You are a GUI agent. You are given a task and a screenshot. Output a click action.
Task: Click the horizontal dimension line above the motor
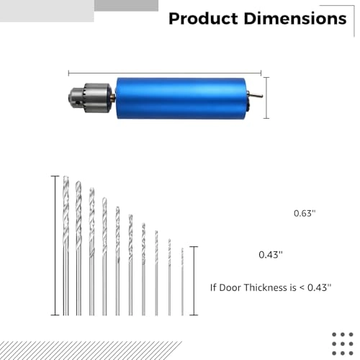click(166, 72)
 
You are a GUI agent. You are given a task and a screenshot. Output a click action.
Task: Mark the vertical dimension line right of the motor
click(267, 98)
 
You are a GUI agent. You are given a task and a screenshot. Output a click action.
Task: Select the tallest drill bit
click(66, 245)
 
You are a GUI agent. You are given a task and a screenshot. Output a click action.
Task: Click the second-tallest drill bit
click(78, 248)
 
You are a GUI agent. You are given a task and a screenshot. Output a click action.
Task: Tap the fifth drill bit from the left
click(117, 263)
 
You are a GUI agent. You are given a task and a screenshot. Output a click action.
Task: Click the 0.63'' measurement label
click(305, 213)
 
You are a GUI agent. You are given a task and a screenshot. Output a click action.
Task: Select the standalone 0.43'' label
click(270, 255)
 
